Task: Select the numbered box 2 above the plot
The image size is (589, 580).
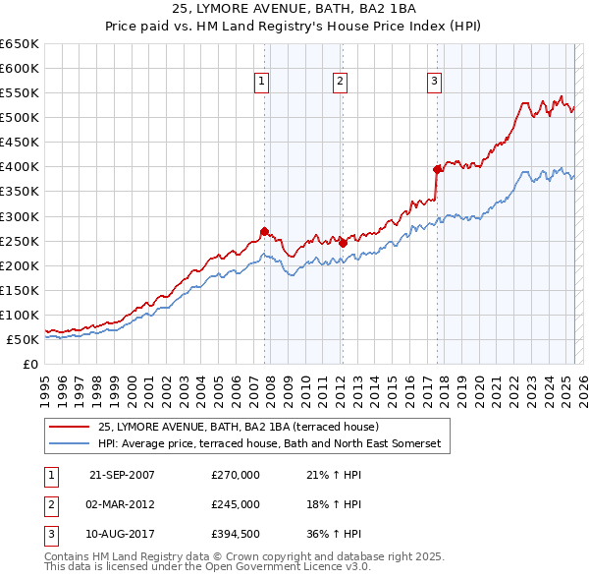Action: tap(340, 83)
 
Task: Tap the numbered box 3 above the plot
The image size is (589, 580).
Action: tap(434, 83)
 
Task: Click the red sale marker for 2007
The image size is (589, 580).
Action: tap(264, 231)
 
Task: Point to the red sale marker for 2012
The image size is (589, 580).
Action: tap(342, 243)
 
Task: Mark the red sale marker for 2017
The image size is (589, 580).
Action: tap(437, 169)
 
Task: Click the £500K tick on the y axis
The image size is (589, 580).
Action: tap(20, 118)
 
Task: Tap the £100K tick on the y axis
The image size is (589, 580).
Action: tap(20, 316)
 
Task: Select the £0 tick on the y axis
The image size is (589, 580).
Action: tap(29, 365)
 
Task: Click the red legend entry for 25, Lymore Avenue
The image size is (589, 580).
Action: tap(245, 427)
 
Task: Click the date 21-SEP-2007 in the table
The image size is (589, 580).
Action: tap(122, 475)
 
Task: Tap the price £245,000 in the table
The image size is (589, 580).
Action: tap(236, 504)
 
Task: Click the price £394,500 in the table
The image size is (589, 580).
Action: tap(236, 534)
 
